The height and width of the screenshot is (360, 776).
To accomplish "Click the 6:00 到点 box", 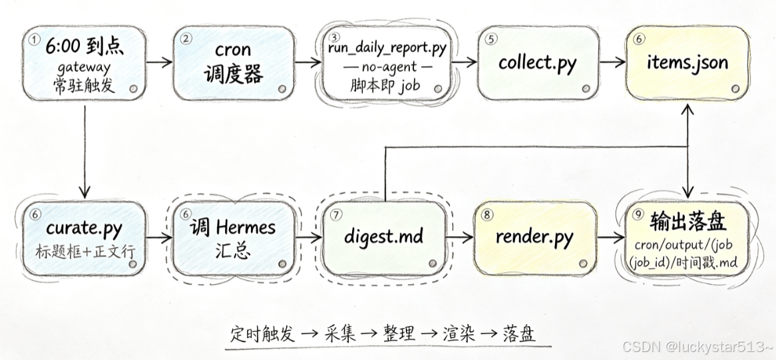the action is pos(85,63).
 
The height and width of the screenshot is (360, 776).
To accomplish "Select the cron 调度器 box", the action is pos(234,63).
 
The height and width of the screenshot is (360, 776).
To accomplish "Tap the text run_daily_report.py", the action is pos(387,49).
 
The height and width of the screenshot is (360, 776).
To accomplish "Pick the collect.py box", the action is pos(538,63).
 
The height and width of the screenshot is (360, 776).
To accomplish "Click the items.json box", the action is pos(688,63).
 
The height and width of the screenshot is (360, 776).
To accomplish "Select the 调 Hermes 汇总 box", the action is pos(233,238).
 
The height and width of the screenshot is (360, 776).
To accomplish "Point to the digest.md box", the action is pos(385,238).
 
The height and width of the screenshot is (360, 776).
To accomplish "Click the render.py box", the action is pos(534,238).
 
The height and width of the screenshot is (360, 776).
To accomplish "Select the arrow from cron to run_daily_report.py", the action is pos(308,63).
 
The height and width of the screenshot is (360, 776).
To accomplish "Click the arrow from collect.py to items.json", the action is pos(613,63).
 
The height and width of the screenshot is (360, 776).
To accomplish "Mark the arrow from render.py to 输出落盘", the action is pos(610,238).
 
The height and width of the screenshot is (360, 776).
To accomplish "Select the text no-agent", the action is pos(387,67).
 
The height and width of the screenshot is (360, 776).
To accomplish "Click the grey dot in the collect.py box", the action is pos(586,89).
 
